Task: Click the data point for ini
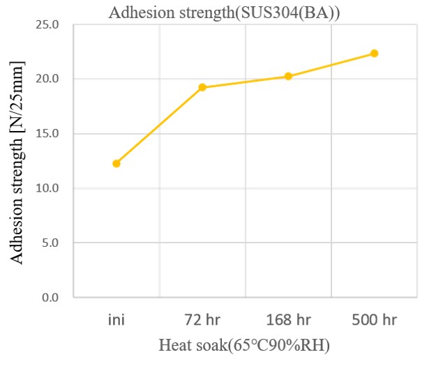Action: point(117,163)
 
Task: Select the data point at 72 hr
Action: point(202,87)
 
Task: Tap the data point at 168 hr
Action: point(288,76)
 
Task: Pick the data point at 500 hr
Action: point(374,53)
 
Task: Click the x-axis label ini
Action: point(117,321)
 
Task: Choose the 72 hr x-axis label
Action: point(202,321)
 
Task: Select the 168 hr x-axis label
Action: point(288,321)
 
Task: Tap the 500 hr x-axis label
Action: point(374,321)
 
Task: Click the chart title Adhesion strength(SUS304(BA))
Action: point(225,11)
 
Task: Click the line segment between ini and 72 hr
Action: point(159,125)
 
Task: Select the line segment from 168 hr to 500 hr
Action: point(331,65)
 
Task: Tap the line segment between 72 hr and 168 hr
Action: point(245,82)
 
